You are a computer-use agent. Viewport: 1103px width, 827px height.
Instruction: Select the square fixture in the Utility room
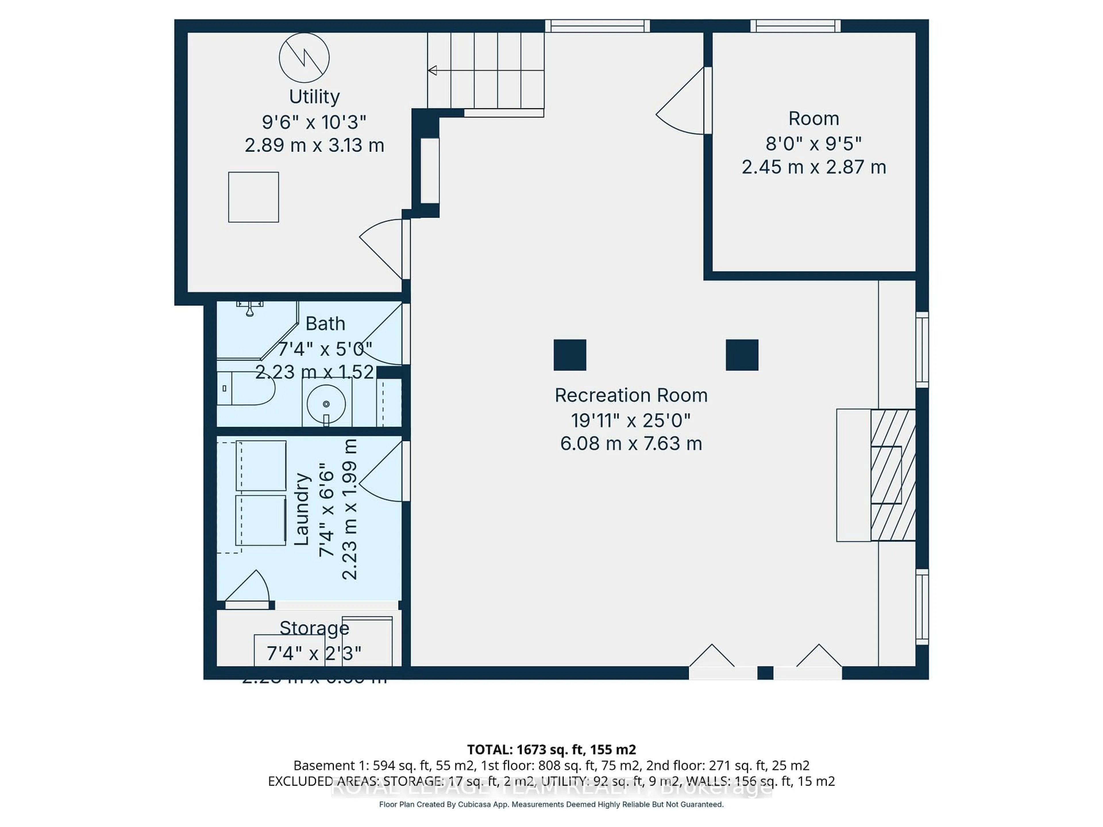click(x=253, y=197)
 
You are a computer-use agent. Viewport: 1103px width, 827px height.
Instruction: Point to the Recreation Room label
click(x=631, y=395)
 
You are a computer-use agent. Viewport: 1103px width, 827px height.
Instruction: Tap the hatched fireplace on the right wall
click(x=892, y=475)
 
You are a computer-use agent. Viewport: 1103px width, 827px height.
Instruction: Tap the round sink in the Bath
click(x=326, y=404)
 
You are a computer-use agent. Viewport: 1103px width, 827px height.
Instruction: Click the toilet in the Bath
click(x=247, y=388)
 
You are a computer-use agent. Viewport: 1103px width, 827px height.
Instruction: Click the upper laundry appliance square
click(x=261, y=465)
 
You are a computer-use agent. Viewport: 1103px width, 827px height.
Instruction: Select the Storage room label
click(x=314, y=628)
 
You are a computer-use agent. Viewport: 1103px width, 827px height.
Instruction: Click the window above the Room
click(x=795, y=26)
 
